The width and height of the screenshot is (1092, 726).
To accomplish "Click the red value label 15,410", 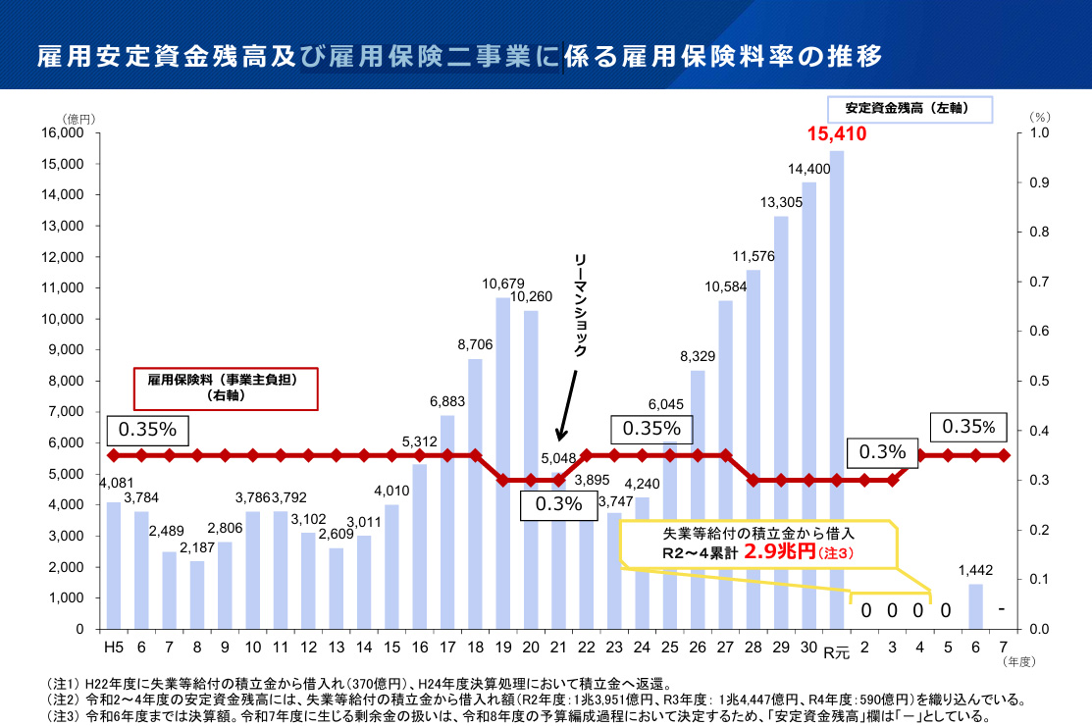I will click(837, 133).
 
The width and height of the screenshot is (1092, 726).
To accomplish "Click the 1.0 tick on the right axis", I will click(1039, 132).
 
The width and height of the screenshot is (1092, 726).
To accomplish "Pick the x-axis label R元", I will click(836, 650).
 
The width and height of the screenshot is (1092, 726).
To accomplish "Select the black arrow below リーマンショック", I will click(568, 407).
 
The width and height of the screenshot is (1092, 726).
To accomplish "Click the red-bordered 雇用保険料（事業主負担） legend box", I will click(225, 389).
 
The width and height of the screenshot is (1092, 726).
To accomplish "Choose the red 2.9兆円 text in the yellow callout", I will click(779, 552).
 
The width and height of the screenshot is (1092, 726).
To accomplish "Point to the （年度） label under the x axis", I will click(1019, 663).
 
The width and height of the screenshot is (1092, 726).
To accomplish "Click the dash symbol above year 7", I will click(1002, 610).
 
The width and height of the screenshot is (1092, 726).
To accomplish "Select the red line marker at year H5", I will click(114, 455).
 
